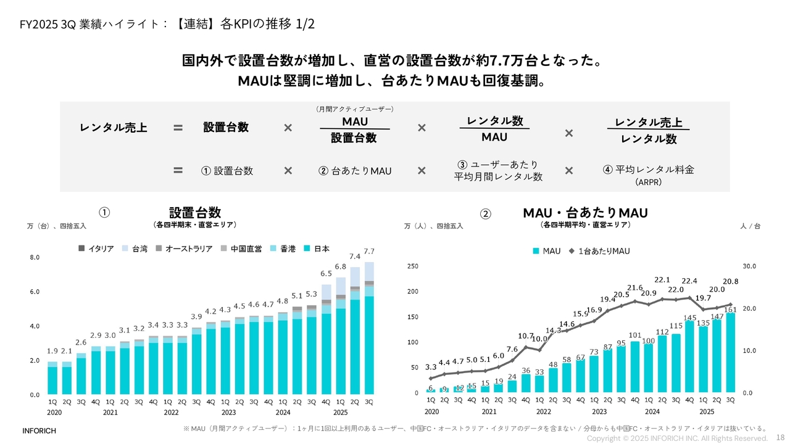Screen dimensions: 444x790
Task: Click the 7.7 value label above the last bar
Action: coord(369,252)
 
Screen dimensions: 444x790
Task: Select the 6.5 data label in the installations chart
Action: coord(326,273)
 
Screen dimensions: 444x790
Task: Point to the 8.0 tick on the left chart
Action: coord(35,257)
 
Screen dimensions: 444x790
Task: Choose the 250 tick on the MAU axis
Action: coord(412,266)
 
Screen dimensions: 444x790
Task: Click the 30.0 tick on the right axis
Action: coord(748,266)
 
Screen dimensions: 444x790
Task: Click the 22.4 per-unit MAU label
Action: coord(689,281)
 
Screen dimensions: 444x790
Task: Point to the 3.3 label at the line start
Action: coord(431,367)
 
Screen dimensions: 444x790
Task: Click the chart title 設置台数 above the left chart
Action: coord(195,212)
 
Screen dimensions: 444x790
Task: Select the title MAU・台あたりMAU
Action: coord(585,213)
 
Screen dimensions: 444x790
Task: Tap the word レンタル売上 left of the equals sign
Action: coord(114,128)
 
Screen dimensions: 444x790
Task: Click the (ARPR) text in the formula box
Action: coord(648,183)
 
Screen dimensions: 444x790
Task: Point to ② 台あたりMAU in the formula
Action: coord(355,171)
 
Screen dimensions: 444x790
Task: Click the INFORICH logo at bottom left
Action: coord(39,431)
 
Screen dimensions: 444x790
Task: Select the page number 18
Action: coord(780,437)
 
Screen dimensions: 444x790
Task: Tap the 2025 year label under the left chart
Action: coord(339,412)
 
